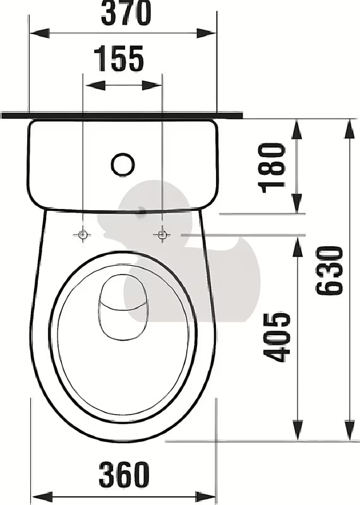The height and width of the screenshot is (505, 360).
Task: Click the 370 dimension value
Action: (x=126, y=13)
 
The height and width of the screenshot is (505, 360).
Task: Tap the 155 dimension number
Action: (x=119, y=59)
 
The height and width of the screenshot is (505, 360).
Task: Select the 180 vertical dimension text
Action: (x=272, y=167)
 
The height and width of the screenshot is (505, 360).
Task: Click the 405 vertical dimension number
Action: (x=278, y=336)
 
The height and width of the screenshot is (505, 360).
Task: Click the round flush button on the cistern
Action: (x=123, y=164)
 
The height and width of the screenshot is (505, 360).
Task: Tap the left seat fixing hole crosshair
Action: (x=83, y=235)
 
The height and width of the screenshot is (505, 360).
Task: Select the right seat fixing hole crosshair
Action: (x=162, y=235)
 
